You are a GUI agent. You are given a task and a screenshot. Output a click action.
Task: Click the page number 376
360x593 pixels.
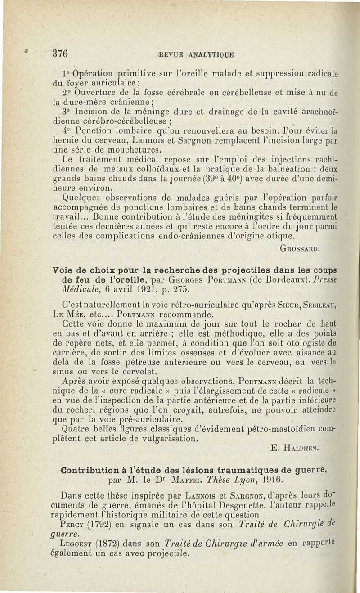coord(60,54)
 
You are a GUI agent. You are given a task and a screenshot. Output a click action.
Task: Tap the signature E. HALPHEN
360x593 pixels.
coord(295,448)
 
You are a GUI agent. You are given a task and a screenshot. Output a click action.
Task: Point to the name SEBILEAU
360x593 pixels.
coord(311,304)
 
